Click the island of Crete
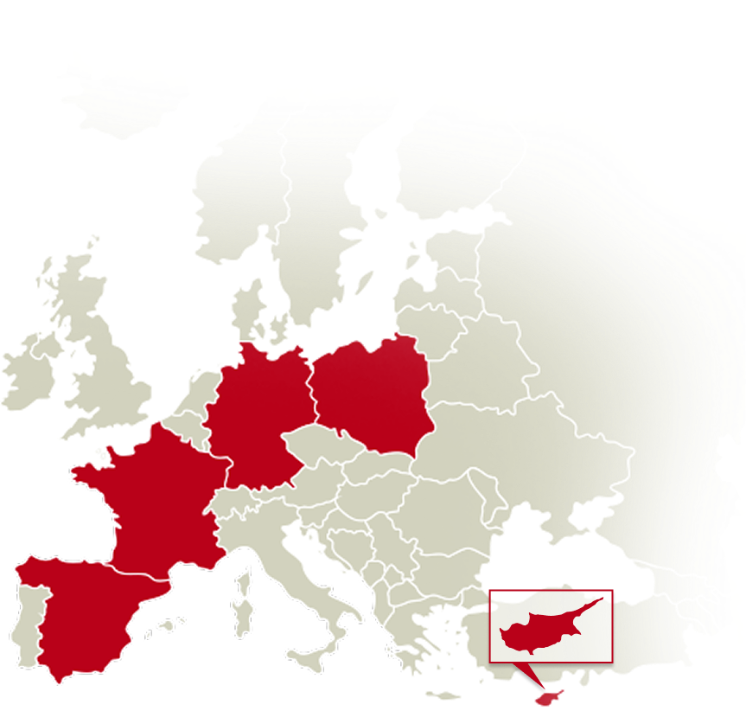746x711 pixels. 445,695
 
